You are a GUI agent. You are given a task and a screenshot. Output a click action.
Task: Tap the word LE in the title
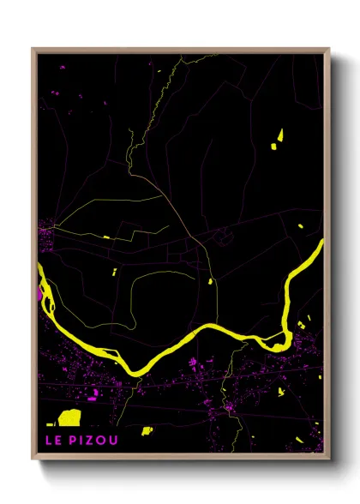pyautogui.click(x=55, y=441)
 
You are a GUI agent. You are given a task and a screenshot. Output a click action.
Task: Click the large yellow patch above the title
pyautogui.click(x=69, y=417)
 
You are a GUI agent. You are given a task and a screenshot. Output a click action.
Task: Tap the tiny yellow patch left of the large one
pyautogui.click(x=51, y=423)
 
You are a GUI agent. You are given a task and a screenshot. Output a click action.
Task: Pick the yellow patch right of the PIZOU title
pyautogui.click(x=147, y=430)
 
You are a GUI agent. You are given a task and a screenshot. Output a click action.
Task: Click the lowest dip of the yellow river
pyautogui.click(x=135, y=370)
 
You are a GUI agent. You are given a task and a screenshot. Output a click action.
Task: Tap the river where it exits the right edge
pyautogui.click(x=321, y=245)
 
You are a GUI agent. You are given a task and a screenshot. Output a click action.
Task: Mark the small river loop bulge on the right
pyautogui.click(x=273, y=343)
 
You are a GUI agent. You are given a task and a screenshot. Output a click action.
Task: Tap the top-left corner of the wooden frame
pyautogui.click(x=33, y=50)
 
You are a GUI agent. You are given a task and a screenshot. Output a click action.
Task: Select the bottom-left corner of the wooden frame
pyautogui.click(x=33, y=459)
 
